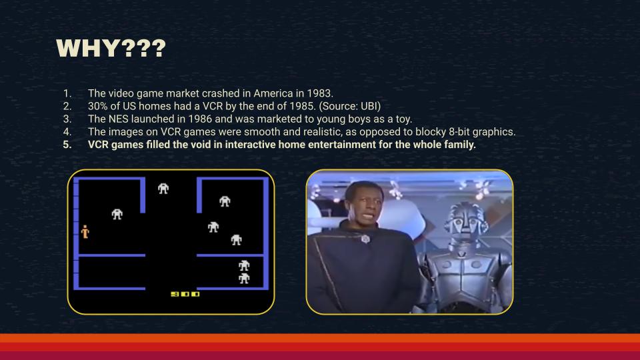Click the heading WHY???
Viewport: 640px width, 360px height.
[x=111, y=48]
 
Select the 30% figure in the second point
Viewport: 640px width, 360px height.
[x=97, y=106]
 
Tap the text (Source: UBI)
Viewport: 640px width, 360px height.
[x=350, y=106]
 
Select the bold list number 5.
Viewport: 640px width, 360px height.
[x=67, y=145]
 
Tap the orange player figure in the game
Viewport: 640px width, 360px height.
[x=85, y=231]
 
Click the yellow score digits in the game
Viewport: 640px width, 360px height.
[x=185, y=294]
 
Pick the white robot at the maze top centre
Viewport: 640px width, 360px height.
[x=163, y=188]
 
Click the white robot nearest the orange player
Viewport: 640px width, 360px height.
[x=117, y=214]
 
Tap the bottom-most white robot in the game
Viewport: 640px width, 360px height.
[x=244, y=279]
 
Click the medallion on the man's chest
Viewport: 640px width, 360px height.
[x=365, y=239]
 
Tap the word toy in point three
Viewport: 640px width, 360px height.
[x=404, y=119]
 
